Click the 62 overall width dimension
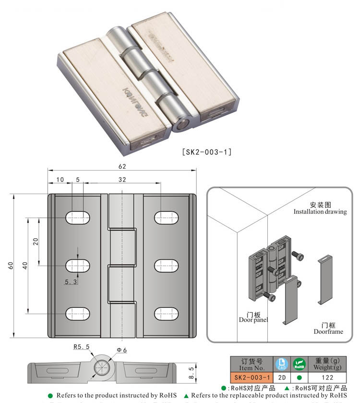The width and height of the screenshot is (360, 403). [122, 166]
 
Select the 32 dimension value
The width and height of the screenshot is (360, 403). [121, 180]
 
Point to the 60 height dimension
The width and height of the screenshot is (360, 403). [10, 266]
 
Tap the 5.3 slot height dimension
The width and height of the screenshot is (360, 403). [71, 281]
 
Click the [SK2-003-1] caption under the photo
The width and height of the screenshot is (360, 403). [207, 152]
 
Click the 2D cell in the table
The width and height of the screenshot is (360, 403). [282, 378]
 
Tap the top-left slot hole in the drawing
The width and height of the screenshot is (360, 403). [78, 217]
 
